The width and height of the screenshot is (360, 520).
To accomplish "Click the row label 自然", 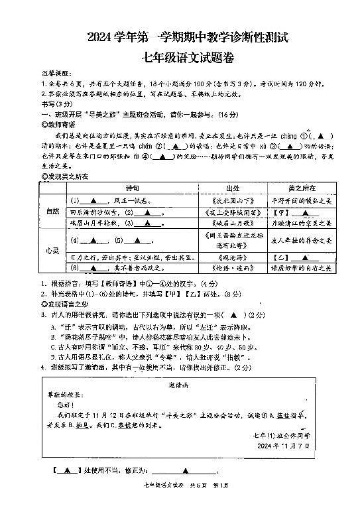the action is (52, 212).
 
